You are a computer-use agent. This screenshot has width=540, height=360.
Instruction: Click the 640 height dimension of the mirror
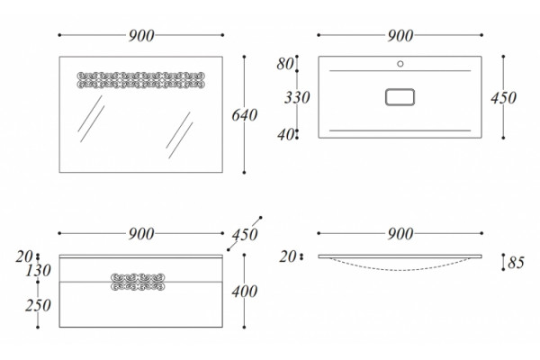[x=244, y=115]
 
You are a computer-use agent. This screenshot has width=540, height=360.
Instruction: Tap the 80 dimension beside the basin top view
[x=285, y=64]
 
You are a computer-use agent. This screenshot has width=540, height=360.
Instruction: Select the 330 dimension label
[x=297, y=97]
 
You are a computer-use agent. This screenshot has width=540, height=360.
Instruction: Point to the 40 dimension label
[x=286, y=134]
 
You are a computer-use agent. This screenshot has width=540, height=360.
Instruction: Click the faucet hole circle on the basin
[x=400, y=64]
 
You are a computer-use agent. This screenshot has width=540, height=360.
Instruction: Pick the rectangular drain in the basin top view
[x=400, y=97]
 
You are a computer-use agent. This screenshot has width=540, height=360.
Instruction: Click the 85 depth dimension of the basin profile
[x=516, y=263]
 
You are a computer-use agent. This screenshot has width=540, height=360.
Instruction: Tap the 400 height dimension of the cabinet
[x=245, y=292]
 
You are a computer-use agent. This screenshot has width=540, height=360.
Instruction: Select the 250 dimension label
[x=38, y=305]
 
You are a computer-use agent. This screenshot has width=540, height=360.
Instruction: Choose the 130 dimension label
[x=38, y=270]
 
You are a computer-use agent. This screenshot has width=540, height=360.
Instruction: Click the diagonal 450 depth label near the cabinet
[x=245, y=235]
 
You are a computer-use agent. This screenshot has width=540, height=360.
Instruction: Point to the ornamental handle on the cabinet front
[x=138, y=282]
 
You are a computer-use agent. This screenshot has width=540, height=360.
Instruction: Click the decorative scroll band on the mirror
[x=141, y=80]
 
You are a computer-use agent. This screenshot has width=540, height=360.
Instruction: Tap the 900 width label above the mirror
[x=141, y=35]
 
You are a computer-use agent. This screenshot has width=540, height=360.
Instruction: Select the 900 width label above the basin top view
[x=400, y=35]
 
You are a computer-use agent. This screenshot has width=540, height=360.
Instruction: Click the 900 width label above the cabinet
[x=141, y=234]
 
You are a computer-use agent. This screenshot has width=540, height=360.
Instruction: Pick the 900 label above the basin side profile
[x=400, y=234]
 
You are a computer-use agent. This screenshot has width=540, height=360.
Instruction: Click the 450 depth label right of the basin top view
[x=503, y=98]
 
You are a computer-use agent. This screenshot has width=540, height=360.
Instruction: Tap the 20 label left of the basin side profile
[x=288, y=256]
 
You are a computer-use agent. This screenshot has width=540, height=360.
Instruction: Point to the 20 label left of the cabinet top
[x=24, y=256]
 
